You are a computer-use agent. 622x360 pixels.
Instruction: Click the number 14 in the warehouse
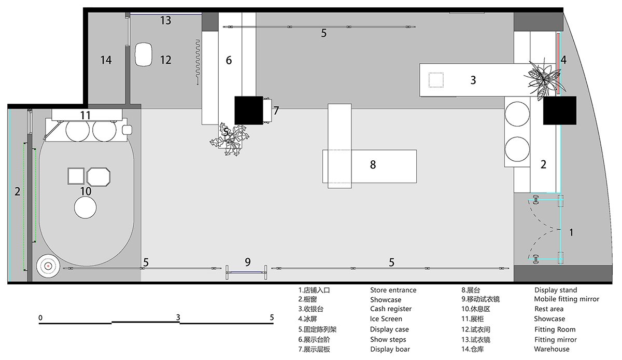pos(106,60)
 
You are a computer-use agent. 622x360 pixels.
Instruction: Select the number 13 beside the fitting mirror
pos(165,21)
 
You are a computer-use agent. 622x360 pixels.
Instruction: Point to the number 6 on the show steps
pos(229,60)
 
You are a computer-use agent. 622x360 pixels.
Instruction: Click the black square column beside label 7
pos(249,110)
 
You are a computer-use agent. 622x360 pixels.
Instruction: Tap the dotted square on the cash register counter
pos(436,80)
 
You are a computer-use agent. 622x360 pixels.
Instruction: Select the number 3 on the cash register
pos(473,80)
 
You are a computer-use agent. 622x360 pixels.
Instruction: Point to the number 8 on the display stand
pos(373,165)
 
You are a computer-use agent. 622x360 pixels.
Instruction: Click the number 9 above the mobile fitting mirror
pos(247,261)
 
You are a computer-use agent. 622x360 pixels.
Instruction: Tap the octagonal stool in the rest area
pos(99,177)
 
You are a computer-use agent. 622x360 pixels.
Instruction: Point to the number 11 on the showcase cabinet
pos(86,115)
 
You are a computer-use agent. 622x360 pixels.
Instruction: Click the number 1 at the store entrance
pos(571,233)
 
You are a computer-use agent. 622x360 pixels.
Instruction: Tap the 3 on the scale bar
pos(178,317)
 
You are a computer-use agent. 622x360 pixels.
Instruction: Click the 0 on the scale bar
pos(40,317)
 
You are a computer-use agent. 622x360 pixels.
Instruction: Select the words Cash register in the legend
pos(391,309)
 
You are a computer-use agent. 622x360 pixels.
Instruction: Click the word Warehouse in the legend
pos(552,349)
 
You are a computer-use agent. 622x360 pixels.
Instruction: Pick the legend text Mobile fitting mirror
pos(566,299)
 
